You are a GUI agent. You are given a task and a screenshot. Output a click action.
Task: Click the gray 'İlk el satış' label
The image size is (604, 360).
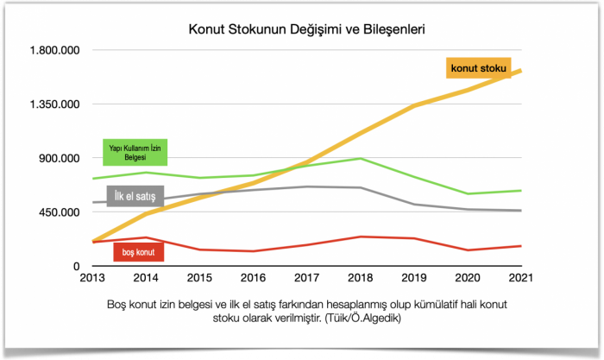136,197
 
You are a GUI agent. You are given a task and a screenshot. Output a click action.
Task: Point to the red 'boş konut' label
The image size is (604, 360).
139,252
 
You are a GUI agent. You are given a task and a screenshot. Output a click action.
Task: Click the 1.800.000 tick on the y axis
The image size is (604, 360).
55,50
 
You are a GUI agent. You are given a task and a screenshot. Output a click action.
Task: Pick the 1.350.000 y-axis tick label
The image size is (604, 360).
55,104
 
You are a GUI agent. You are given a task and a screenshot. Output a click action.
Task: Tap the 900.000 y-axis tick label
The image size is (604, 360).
60,158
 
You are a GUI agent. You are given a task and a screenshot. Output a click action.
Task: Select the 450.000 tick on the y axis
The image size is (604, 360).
60,212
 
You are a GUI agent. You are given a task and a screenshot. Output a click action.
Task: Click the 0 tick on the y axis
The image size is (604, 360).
76,267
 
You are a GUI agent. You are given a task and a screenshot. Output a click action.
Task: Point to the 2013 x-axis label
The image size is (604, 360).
92,279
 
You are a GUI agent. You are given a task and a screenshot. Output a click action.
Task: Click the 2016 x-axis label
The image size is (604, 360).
254,279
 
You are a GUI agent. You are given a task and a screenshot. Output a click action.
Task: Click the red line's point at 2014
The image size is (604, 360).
146,237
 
